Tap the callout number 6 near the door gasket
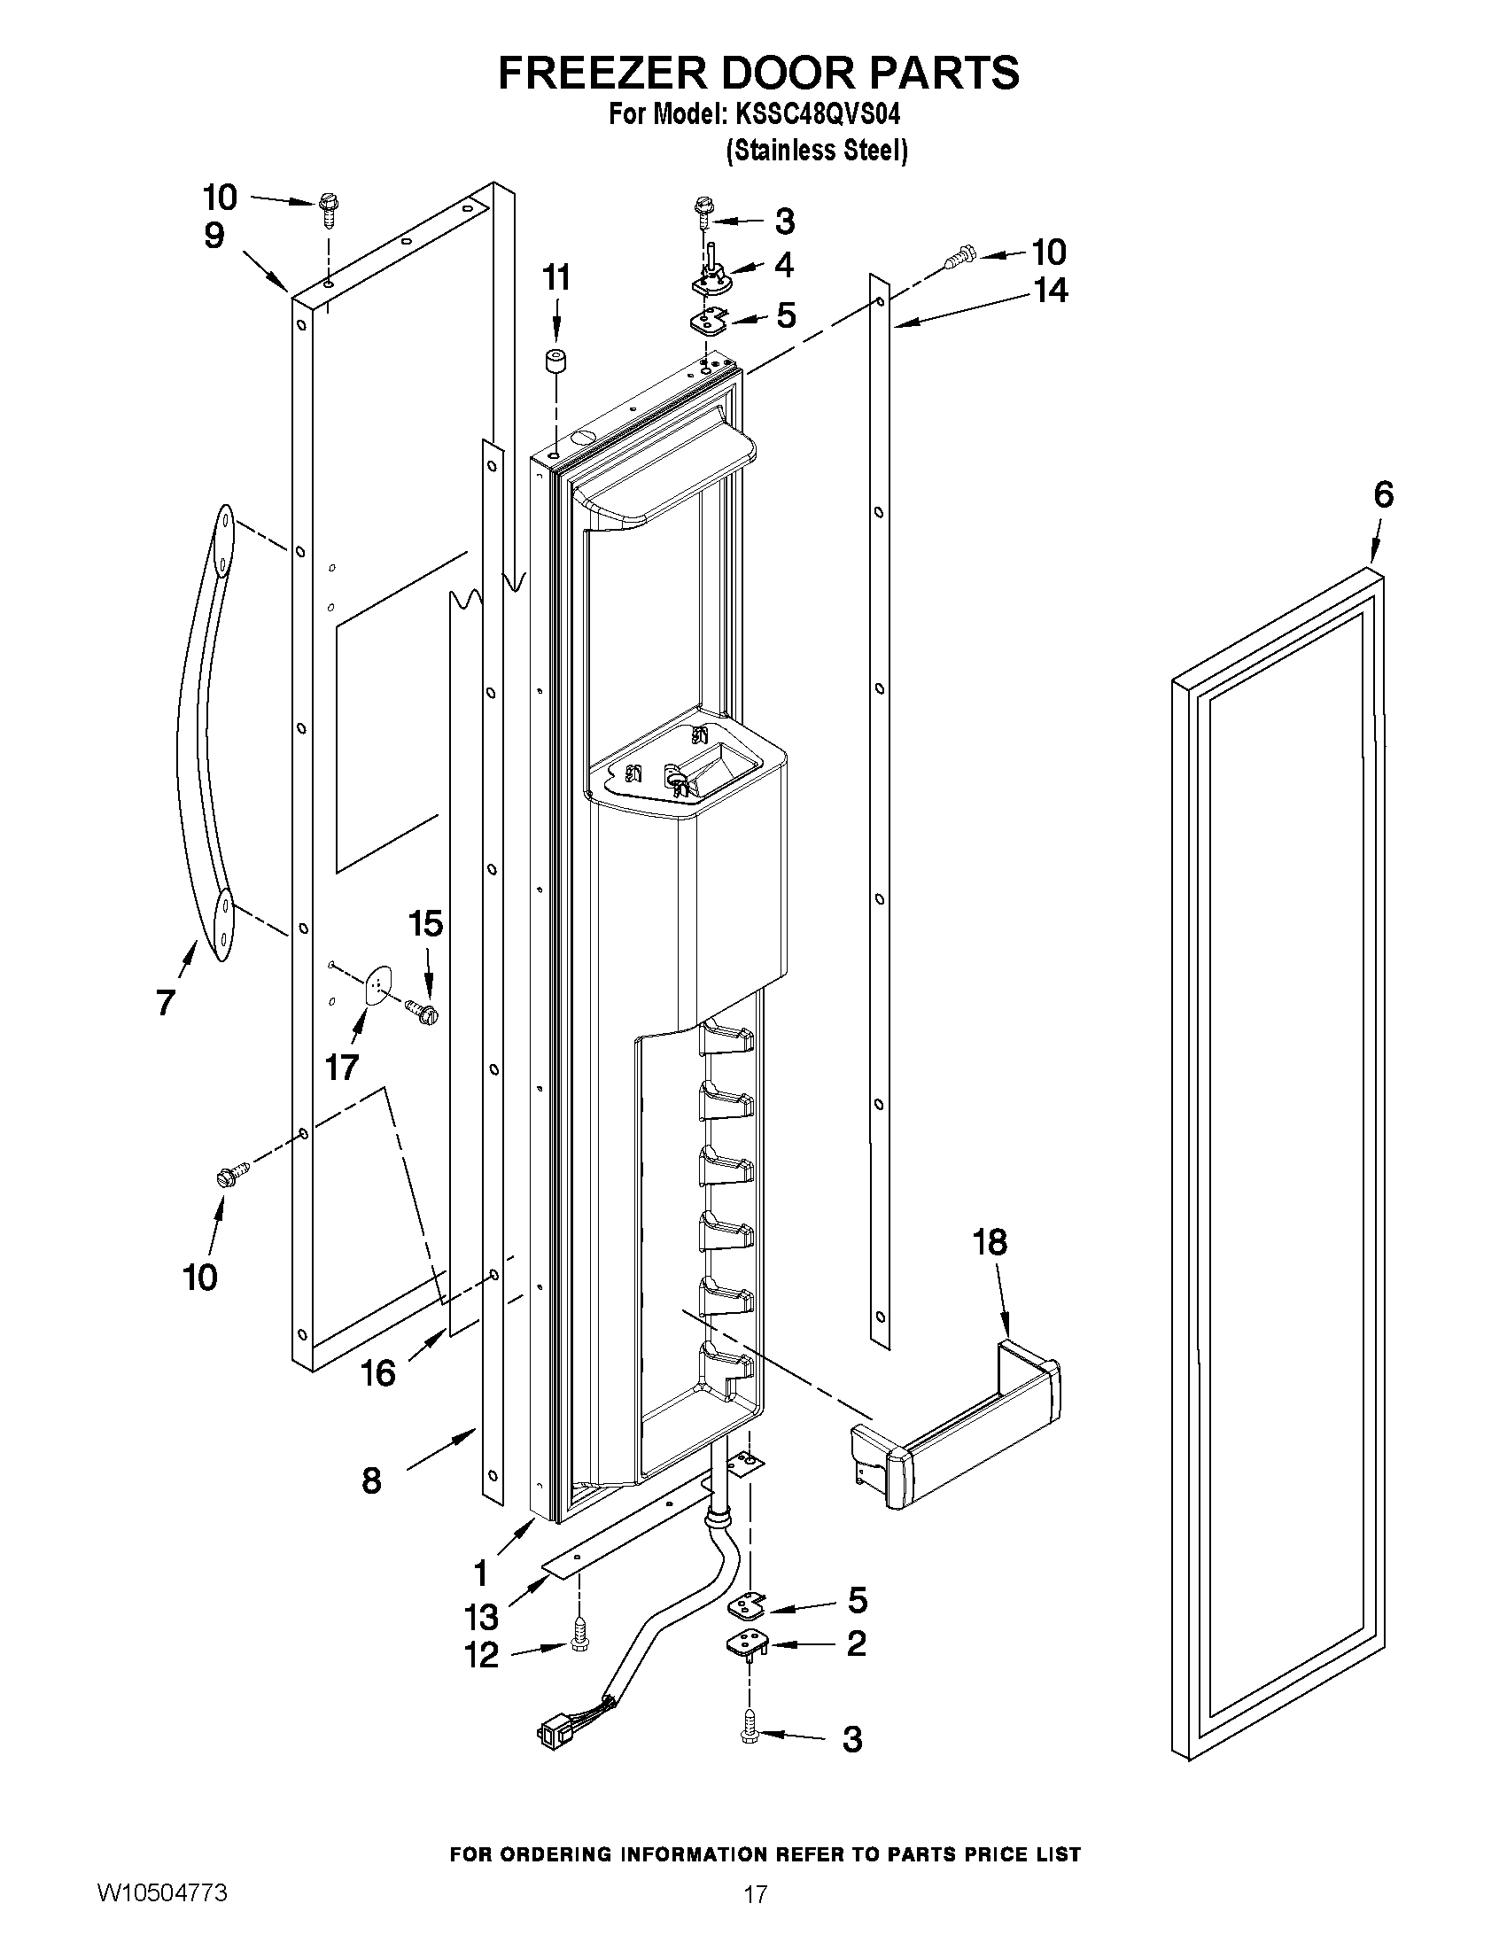(1382, 493)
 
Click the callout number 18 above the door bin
(990, 1241)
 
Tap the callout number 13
(481, 1617)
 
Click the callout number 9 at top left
(214, 236)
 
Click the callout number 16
(377, 1372)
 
